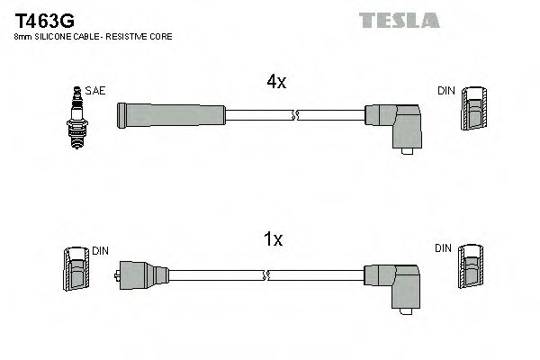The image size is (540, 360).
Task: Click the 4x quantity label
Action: [276, 82]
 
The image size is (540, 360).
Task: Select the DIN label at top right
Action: [446, 91]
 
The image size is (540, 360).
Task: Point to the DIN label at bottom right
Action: [443, 247]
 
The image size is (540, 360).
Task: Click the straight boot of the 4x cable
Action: [171, 114]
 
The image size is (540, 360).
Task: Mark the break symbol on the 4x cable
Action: [295, 114]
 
